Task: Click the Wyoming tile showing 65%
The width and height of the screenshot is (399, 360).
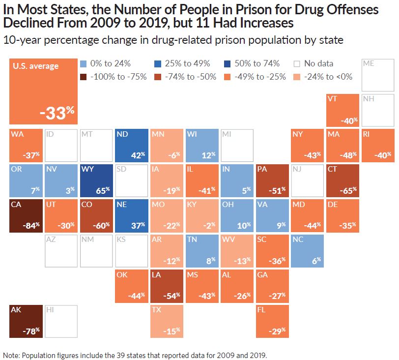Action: (97, 180)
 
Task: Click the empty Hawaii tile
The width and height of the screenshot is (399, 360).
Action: (61, 321)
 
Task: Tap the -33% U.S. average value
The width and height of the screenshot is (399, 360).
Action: (57, 114)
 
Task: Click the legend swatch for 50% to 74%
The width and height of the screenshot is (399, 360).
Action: (226, 64)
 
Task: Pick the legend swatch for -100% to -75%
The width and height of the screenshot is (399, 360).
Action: (83, 76)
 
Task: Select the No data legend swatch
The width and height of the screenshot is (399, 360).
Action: (297, 64)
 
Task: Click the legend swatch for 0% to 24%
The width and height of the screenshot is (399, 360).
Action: (83, 64)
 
